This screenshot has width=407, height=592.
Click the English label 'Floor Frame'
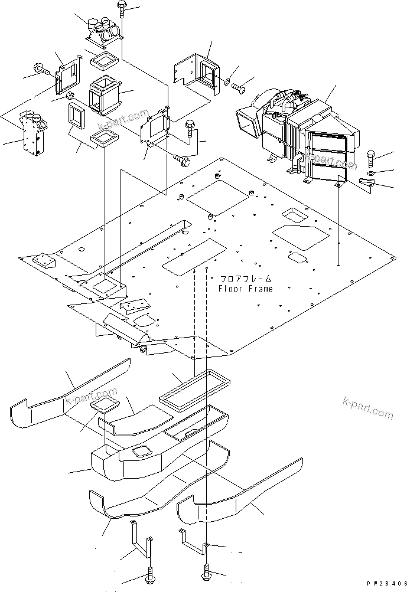[245, 289]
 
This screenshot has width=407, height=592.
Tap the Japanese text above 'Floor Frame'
[246, 278]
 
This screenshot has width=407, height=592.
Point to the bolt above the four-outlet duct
[121, 12]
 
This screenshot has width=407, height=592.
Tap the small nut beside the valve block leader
[69, 96]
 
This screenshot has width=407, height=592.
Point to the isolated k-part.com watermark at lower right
[367, 408]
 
